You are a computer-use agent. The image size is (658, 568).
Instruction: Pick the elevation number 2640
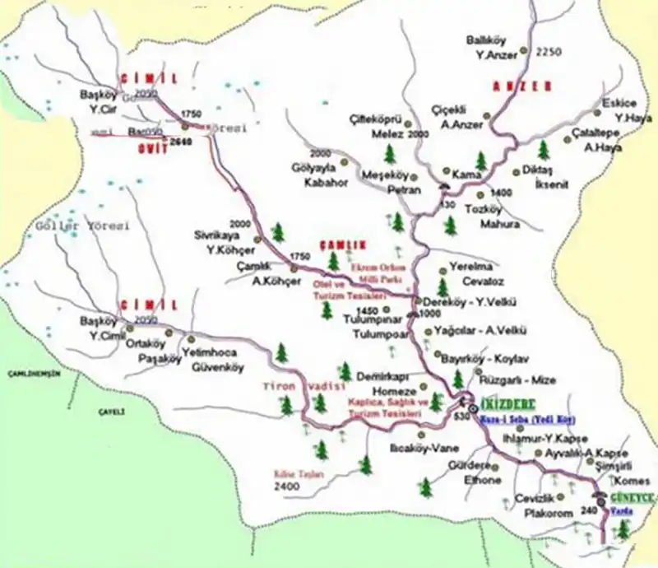[180, 142]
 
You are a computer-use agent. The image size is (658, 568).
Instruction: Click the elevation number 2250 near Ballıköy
[548, 52]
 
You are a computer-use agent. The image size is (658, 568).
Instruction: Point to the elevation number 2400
[287, 487]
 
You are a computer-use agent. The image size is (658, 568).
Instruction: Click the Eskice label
[619, 103]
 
